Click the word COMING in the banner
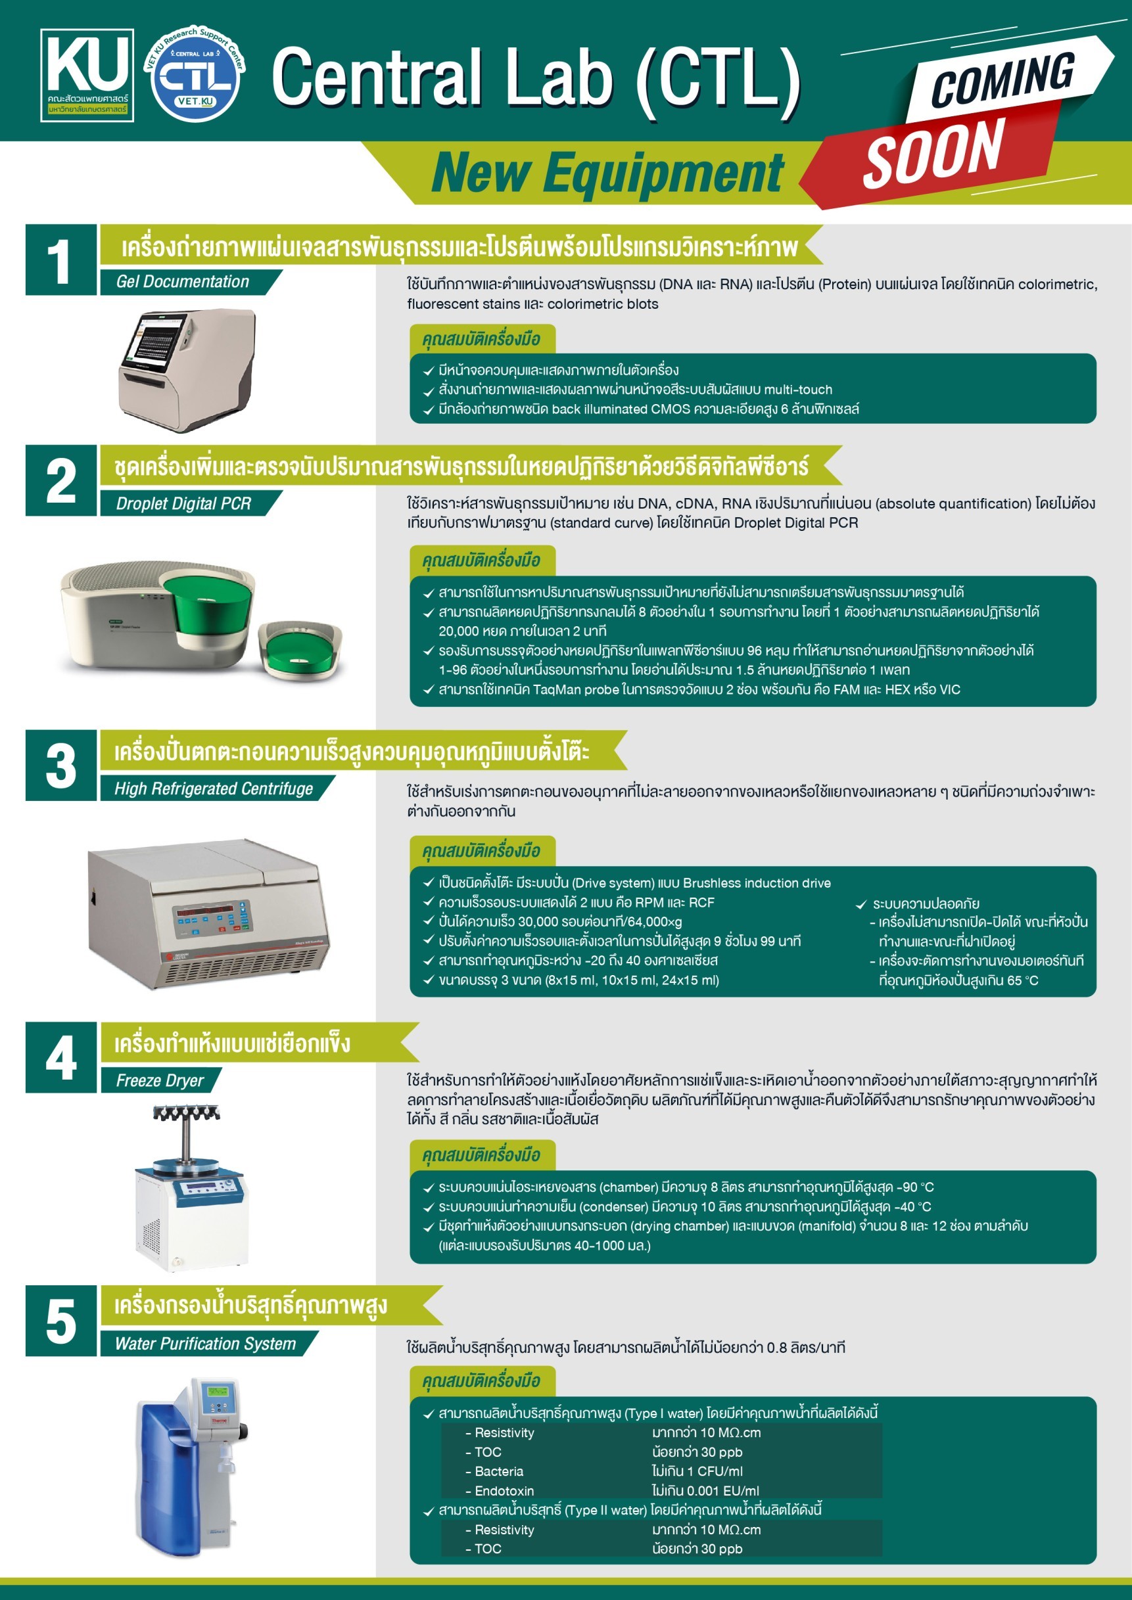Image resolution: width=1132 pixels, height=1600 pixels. (x=1002, y=78)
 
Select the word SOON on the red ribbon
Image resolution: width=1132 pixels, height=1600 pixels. (x=934, y=152)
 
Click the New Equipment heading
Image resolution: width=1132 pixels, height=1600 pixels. (x=606, y=173)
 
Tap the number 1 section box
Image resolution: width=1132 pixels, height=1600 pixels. (x=60, y=260)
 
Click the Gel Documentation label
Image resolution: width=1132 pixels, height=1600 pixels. (x=183, y=281)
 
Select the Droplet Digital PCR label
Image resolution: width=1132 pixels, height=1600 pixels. (x=183, y=503)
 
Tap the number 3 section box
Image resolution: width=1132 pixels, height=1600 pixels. (x=60, y=765)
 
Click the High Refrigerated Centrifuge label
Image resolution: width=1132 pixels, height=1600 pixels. (x=213, y=788)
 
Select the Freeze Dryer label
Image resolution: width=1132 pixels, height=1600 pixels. (x=160, y=1080)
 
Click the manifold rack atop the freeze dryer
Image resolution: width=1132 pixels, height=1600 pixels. (x=186, y=1113)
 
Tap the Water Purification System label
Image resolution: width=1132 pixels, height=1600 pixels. (x=205, y=1343)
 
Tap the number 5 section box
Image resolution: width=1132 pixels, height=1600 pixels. (x=60, y=1321)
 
